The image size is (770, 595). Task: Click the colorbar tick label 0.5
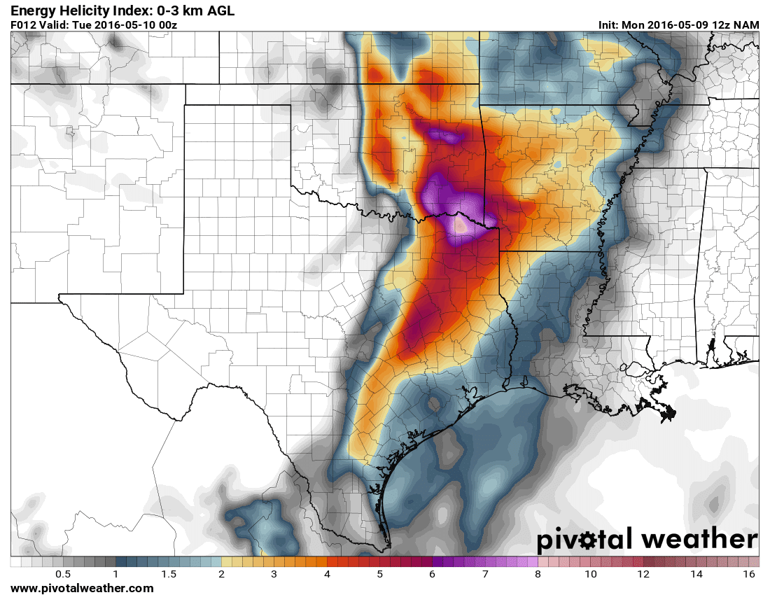(63, 574)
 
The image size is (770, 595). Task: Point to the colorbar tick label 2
(221, 574)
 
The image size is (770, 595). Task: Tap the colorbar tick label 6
(433, 574)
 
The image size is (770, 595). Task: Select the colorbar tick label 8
(538, 574)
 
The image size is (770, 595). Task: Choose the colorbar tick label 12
(643, 574)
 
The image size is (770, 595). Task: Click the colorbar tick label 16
(749, 574)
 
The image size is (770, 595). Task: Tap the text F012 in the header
(22, 24)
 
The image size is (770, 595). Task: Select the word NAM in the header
(746, 24)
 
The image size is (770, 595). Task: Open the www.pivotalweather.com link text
(82, 589)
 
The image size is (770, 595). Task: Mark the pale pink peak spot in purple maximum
(461, 225)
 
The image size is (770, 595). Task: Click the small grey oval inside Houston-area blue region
(434, 403)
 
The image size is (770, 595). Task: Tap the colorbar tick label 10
(591, 574)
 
